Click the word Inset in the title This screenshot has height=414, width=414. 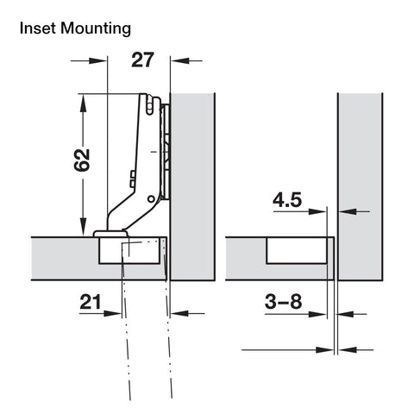tap(38, 28)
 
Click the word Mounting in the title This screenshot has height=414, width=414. tap(96, 29)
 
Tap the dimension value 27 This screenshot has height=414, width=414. tap(142, 60)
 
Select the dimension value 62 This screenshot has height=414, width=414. tap(82, 160)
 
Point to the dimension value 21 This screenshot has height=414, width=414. tap(91, 302)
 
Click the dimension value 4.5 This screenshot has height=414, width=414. tap(287, 200)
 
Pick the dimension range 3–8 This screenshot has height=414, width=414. tap(284, 302)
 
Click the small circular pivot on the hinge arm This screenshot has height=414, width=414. tap(151, 198)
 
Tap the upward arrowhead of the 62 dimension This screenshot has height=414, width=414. tap(83, 103)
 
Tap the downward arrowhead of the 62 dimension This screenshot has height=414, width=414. tap(83, 226)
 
